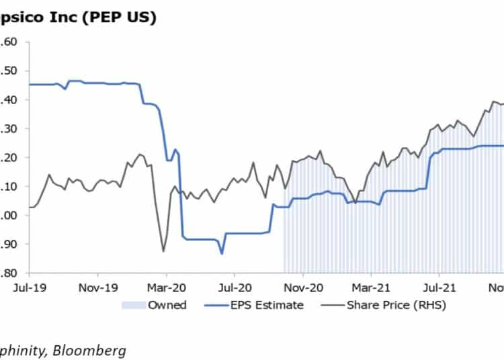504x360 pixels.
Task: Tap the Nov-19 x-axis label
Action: [x=98, y=285]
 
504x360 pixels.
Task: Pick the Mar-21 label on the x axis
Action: [x=371, y=285]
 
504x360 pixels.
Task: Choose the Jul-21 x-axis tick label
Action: [x=438, y=285]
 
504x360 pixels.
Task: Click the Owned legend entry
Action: [x=167, y=305]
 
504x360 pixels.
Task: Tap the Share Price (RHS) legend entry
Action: [x=395, y=305]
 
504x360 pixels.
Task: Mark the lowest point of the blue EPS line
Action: [x=222, y=253]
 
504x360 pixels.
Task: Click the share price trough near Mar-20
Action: [x=163, y=251]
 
